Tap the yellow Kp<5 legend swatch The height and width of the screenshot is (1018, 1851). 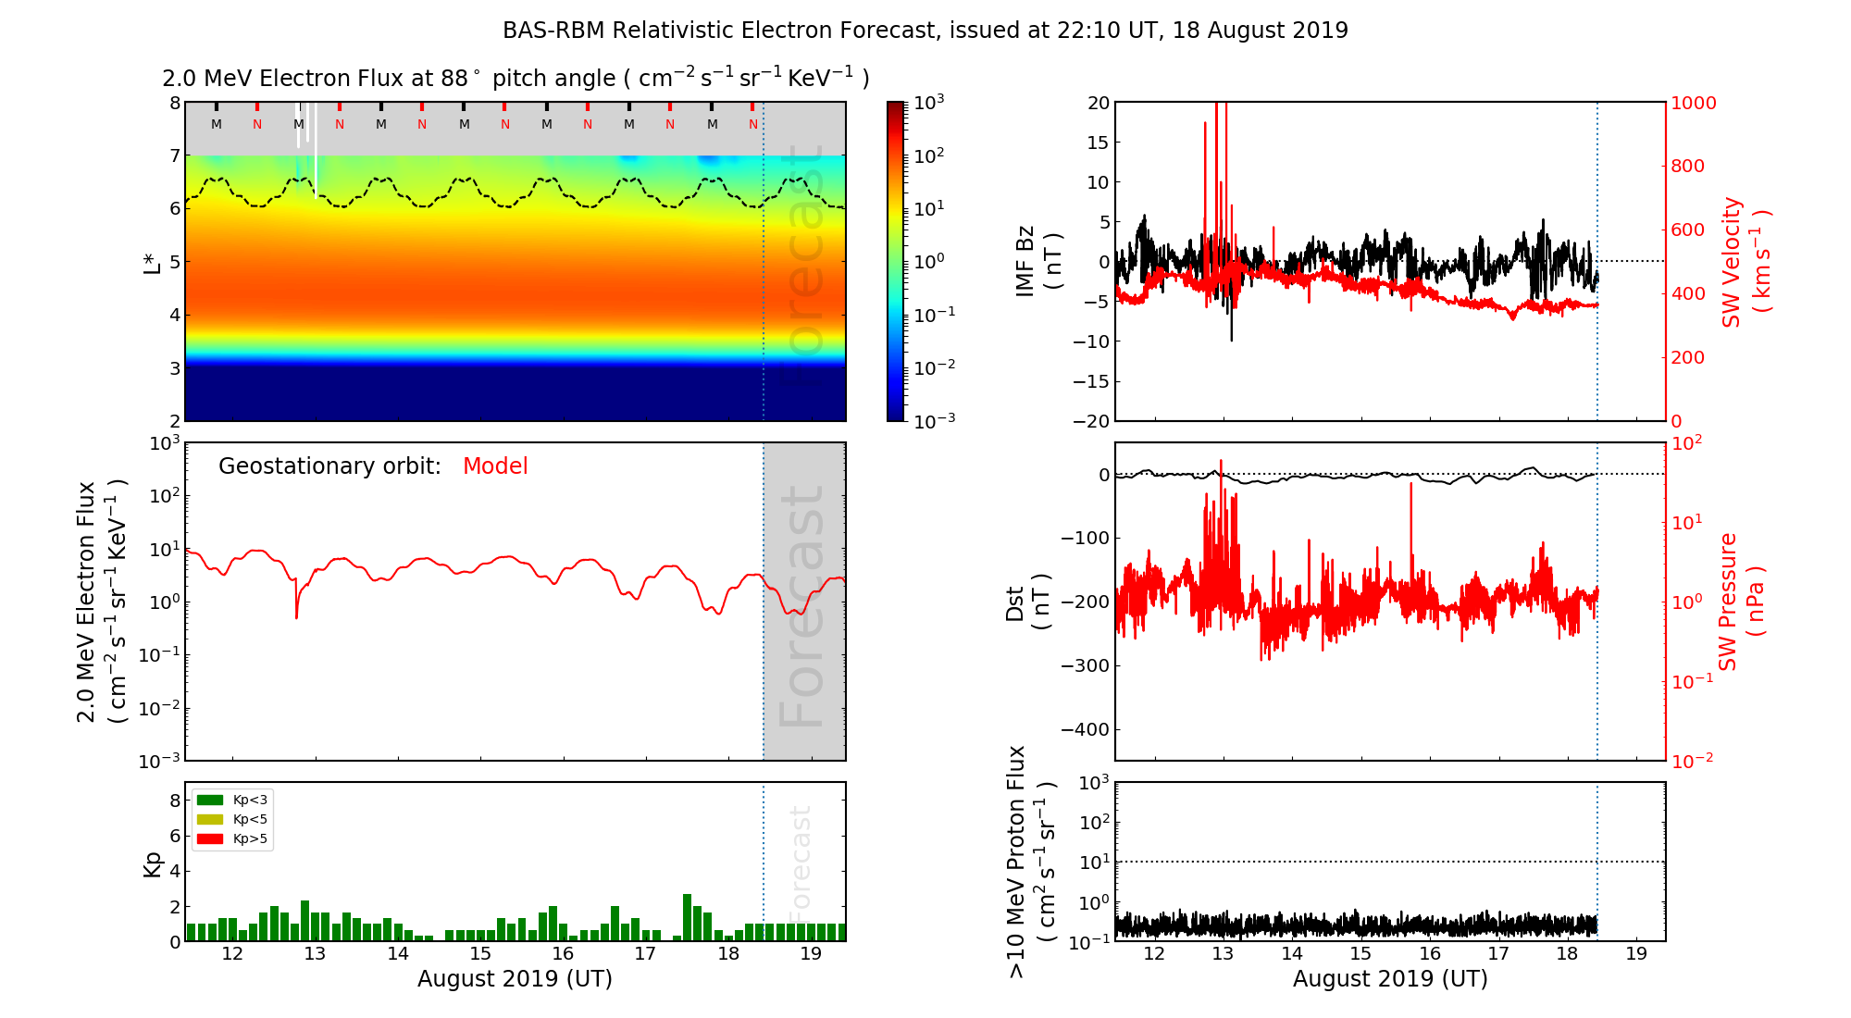pos(210,819)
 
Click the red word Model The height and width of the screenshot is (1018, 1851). pos(495,466)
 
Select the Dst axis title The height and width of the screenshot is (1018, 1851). pos(1027,602)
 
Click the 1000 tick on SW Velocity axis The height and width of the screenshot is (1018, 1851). pos(1693,103)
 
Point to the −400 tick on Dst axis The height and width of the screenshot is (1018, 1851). pos(1084,729)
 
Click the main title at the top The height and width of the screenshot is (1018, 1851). pos(925,31)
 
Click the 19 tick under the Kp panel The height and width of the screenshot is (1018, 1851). pos(811,954)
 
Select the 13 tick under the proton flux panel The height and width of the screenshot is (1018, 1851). pos(1223,954)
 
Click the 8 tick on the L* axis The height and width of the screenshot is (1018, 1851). pos(175,103)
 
